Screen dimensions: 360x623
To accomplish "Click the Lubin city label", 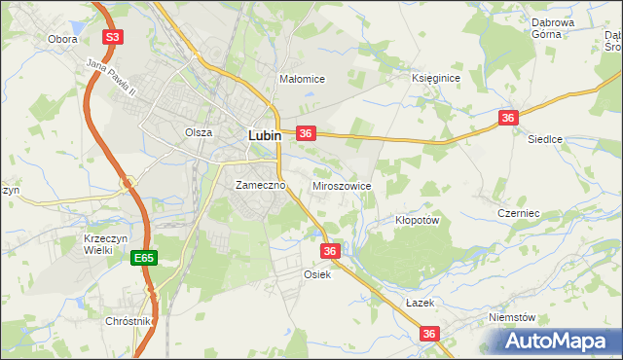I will tap(265, 136).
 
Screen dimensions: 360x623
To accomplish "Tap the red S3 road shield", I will tap(114, 37).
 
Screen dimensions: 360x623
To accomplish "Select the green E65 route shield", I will tap(144, 258).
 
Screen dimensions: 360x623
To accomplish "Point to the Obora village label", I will tap(62, 40).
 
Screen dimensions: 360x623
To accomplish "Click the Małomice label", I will tap(301, 79).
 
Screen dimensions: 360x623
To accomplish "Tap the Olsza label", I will tap(199, 131).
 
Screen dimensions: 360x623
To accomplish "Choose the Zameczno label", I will tap(259, 184).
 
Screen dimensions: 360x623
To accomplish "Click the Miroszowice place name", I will tap(341, 184).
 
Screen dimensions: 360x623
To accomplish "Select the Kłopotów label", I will tap(419, 220).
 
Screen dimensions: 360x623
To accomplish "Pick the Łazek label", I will tap(419, 303).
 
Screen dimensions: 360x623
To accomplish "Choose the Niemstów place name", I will tap(513, 317).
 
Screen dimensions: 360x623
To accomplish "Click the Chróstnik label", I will tap(129, 320).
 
